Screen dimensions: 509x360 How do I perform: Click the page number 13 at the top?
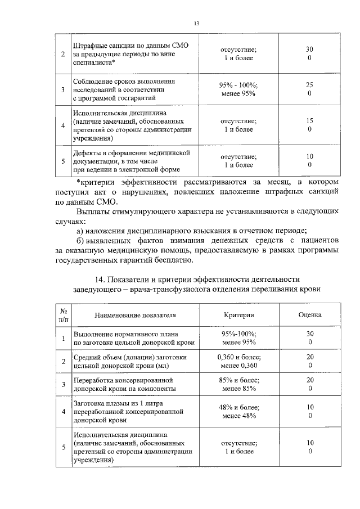pyautogui.click(x=196, y=23)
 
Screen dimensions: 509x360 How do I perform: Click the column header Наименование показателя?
pyautogui.click(x=136, y=316)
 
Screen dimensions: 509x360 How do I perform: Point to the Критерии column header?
pyautogui.click(x=238, y=316)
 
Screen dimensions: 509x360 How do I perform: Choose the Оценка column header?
pyautogui.click(x=309, y=316)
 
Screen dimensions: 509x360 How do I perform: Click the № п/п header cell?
pyautogui.click(x=64, y=316)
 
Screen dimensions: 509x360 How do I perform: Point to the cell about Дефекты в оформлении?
pyautogui.click(x=133, y=161)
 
